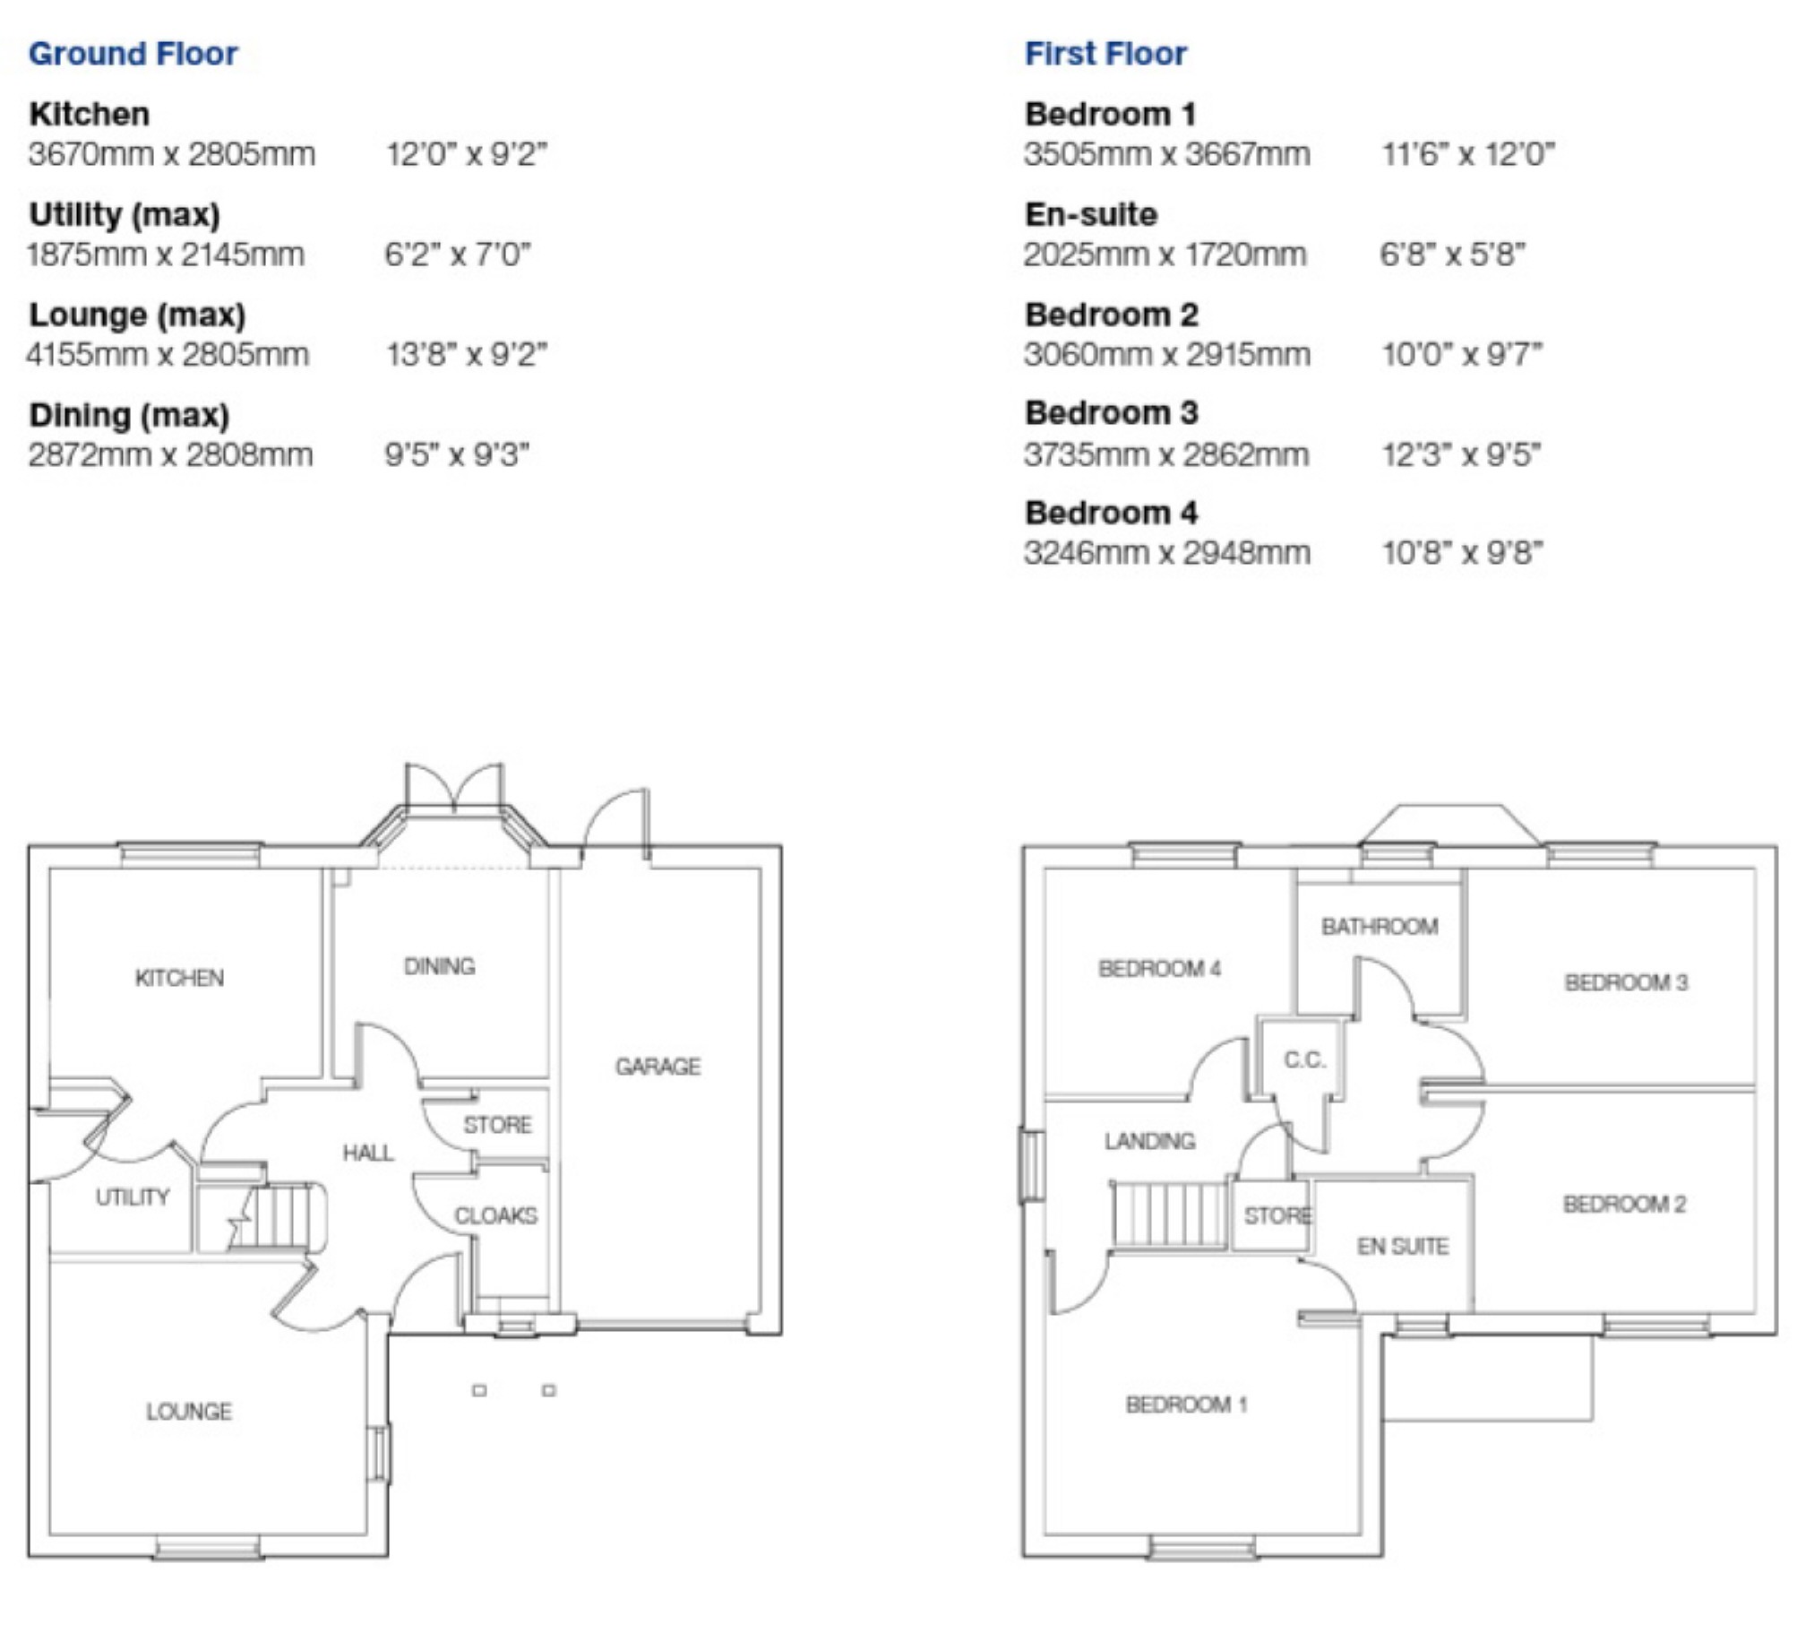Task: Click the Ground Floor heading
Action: (133, 54)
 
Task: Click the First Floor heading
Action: (1105, 54)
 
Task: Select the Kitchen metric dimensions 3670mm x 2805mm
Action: (172, 155)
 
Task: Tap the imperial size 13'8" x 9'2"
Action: (466, 355)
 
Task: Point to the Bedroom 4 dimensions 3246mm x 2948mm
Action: (1166, 553)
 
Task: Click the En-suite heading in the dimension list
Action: (1090, 214)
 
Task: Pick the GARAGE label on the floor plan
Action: (658, 1067)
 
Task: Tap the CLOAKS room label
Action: (495, 1216)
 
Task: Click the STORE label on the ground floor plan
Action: (497, 1124)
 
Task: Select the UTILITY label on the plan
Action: (133, 1197)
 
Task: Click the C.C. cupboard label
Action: (1304, 1059)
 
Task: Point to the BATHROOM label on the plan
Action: (1380, 927)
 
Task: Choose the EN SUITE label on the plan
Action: (1403, 1246)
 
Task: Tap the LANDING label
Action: (1150, 1142)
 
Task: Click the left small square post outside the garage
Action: (479, 1391)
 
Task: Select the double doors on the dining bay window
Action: (454, 786)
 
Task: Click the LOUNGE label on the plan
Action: (189, 1412)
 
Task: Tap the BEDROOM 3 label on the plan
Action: (1626, 982)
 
